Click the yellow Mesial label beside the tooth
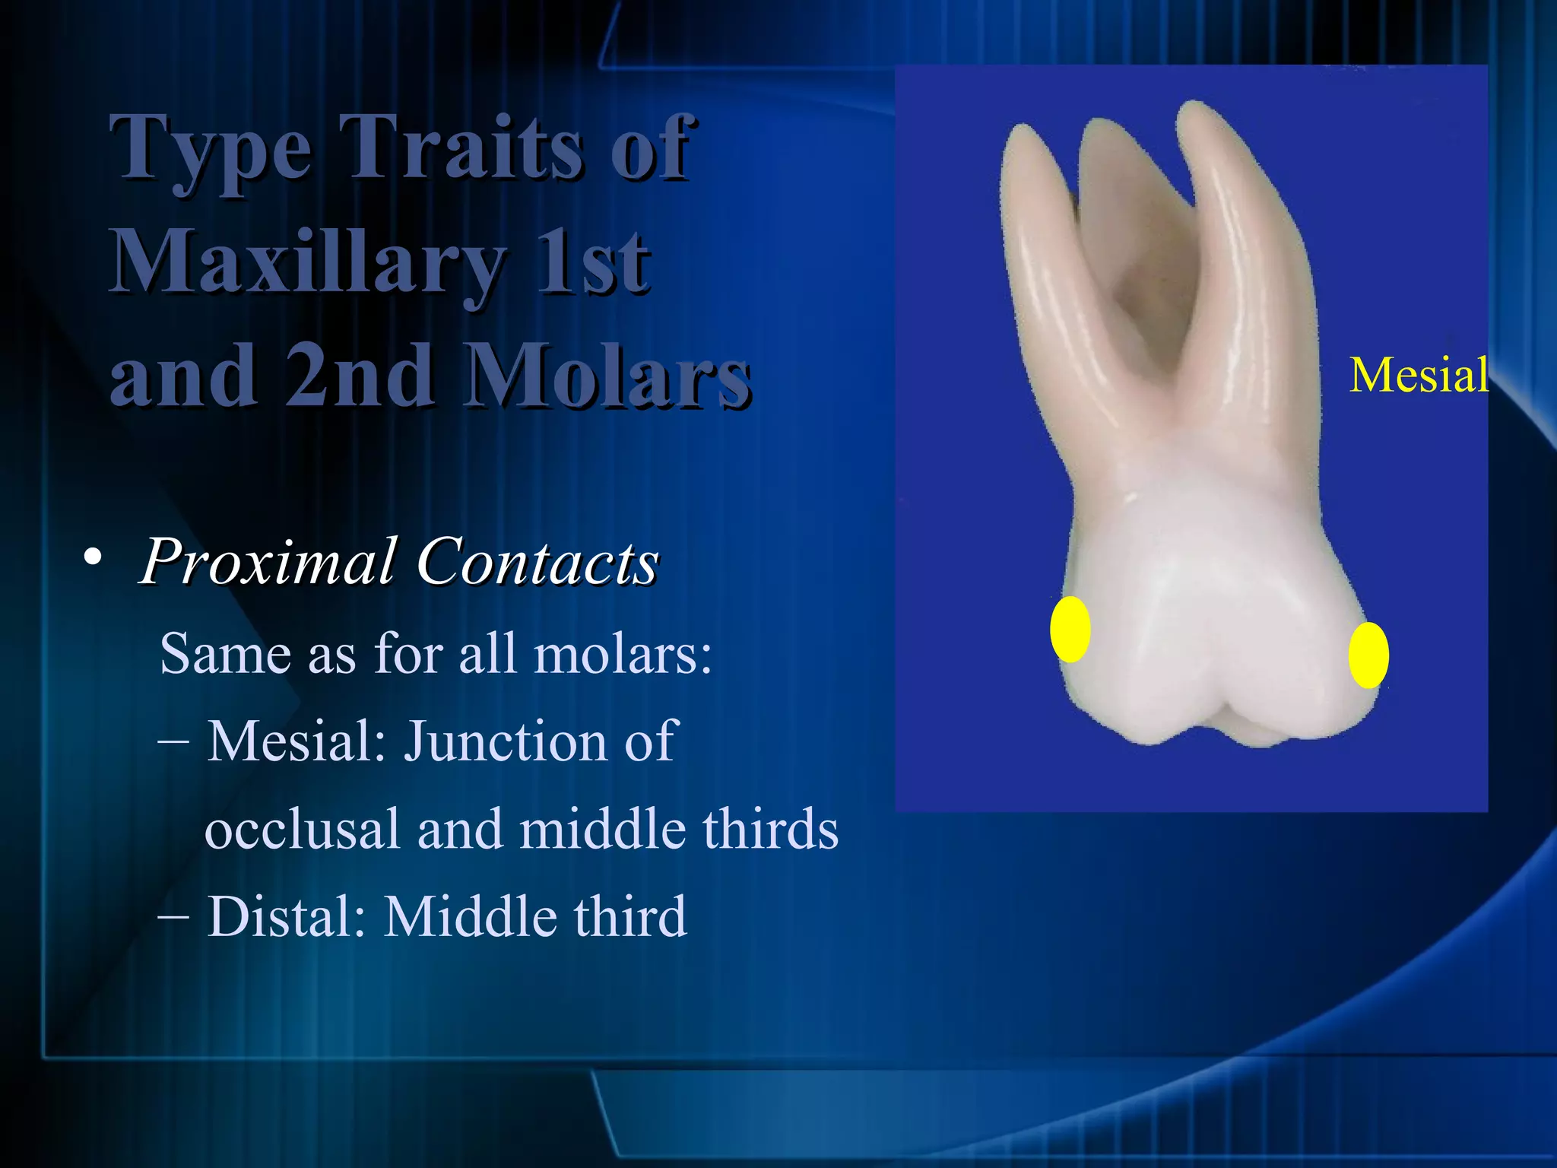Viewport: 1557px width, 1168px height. coord(1419,375)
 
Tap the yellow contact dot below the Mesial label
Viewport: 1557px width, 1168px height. coord(1368,655)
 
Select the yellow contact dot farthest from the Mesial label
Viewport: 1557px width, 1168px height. coord(1070,629)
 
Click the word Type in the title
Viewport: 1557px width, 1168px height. coord(211,149)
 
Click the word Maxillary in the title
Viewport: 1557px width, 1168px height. coord(308,263)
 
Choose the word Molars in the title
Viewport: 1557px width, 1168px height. coord(608,376)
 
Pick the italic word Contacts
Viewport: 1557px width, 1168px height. coord(537,563)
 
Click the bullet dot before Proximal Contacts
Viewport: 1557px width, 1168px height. coord(93,559)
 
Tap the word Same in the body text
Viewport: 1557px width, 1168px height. coord(226,653)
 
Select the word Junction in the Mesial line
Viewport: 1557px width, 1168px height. coord(505,741)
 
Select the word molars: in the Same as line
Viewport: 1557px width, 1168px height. coord(623,653)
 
